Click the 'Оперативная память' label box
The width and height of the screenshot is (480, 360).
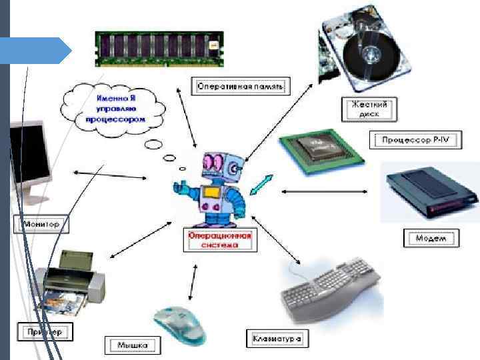pos(241,86)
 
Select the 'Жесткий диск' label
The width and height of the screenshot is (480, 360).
pos(369,109)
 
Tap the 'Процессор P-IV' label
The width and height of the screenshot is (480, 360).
pos(411,140)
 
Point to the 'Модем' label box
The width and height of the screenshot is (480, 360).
pos(431,238)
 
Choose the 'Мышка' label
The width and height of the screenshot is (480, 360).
pos(133,345)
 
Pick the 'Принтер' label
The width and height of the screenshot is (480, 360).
pos(45,331)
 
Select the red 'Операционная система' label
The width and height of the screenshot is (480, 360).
pos(220,240)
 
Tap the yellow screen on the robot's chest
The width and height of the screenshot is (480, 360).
pos(212,193)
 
